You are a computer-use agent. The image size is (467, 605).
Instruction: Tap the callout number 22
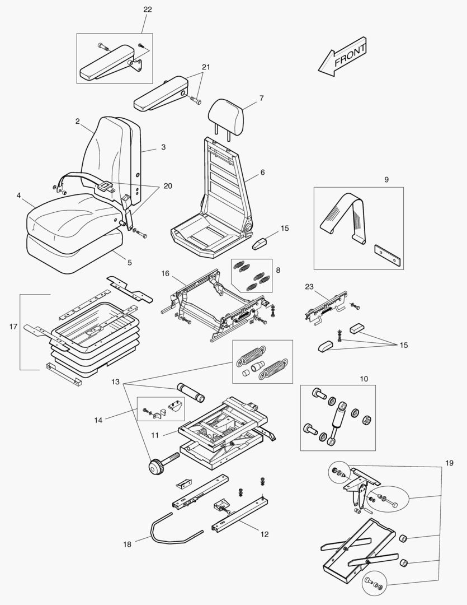point(147,10)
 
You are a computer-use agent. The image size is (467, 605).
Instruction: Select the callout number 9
point(385,180)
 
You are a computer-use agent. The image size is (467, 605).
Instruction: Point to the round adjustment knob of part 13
point(155,466)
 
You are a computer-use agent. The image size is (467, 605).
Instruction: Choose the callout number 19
point(449,463)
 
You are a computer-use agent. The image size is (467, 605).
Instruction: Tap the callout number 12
point(264,534)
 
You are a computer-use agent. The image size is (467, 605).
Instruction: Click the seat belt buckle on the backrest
point(105,185)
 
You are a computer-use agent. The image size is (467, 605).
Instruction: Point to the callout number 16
point(165,273)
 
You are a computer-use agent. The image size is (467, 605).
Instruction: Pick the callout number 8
point(278,269)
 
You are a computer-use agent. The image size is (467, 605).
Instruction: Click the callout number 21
point(206,67)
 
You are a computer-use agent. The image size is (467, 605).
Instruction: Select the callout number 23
point(309,286)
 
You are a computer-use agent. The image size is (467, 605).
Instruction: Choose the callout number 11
point(155,434)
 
